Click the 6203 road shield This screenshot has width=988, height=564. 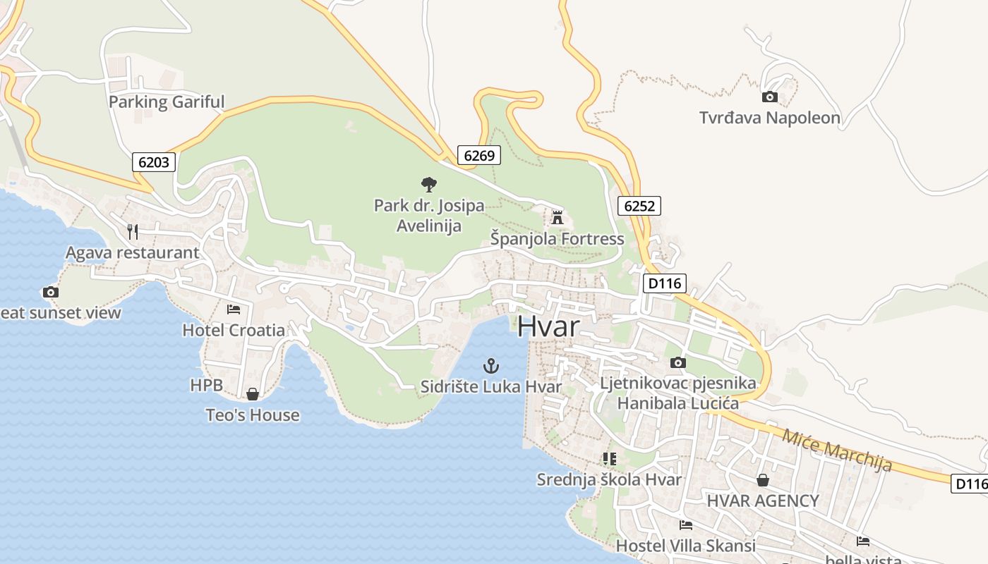154,162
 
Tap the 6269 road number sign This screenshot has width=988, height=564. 478,155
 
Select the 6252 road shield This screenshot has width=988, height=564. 639,206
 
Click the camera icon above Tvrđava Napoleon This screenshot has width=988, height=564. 769,97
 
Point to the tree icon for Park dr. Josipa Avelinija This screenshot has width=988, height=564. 428,185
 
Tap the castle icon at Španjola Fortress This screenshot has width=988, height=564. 558,217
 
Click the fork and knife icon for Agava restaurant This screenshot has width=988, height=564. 132,231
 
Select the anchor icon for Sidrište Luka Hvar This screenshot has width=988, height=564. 490,366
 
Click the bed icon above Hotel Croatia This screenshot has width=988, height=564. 233,309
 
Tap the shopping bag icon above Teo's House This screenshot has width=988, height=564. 252,394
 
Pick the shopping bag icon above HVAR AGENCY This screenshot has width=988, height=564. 762,480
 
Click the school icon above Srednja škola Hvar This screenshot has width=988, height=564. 609,459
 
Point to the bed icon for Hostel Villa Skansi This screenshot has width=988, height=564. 685,525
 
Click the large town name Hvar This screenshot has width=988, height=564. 548,326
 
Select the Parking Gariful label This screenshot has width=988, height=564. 167,102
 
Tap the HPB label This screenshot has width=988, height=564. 206,385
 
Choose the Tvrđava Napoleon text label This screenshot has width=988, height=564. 770,118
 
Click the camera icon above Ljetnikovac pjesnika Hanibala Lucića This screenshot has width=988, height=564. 677,363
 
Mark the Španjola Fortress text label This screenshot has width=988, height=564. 558,239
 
